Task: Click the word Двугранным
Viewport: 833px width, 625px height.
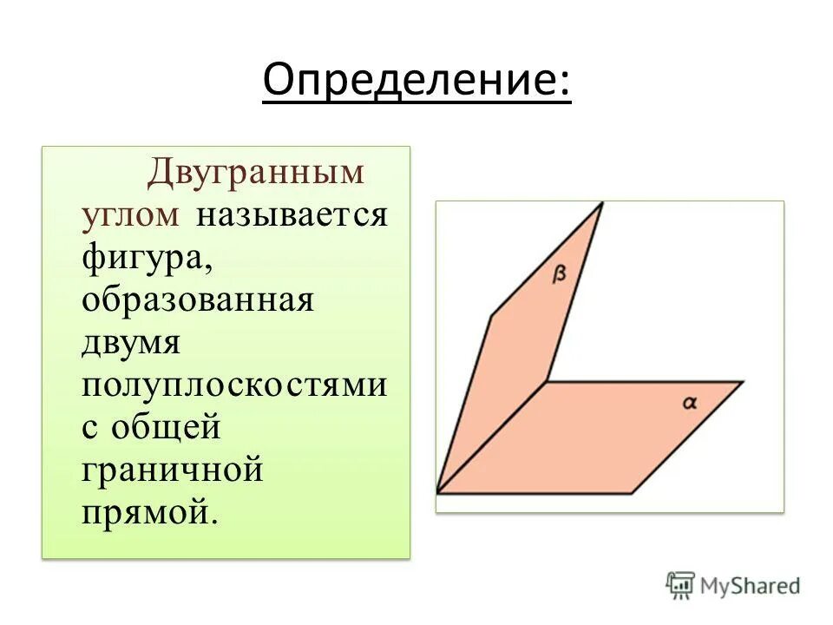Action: point(256,172)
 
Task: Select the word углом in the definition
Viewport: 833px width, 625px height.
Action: point(131,214)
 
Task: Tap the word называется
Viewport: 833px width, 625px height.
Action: point(291,214)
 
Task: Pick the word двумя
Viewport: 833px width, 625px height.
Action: point(131,341)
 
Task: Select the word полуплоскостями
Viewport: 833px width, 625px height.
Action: point(234,384)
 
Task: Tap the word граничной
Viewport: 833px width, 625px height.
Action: point(173,469)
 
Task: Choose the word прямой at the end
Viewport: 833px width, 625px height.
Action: point(148,511)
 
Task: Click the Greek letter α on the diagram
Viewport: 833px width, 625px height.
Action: point(690,402)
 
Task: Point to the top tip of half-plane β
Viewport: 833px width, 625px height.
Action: point(601,203)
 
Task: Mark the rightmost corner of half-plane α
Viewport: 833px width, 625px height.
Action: point(743,381)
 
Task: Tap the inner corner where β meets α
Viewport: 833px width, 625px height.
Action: point(547,381)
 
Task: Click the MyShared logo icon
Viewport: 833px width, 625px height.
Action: point(680,585)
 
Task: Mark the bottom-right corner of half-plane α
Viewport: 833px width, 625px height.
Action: point(632,493)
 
